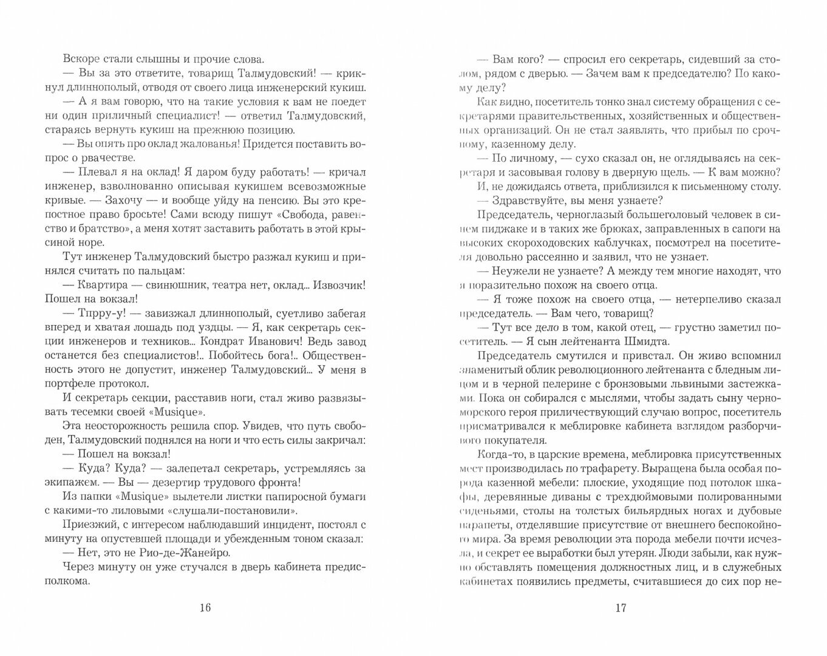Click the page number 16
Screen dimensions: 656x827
click(205, 608)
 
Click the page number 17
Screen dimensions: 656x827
click(619, 608)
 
